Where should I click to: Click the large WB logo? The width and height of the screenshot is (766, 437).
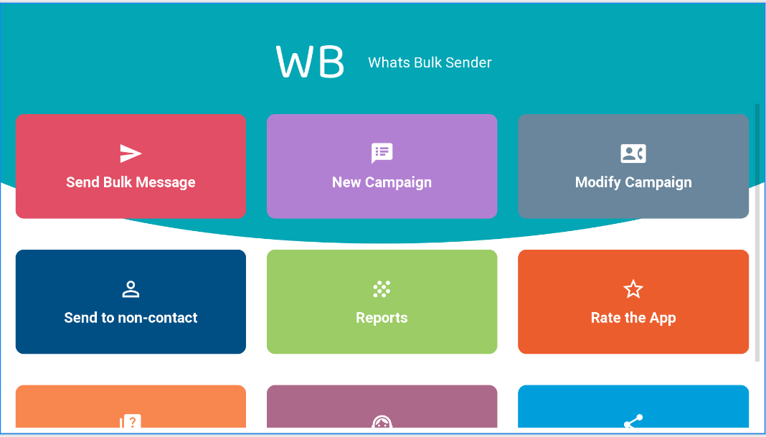tap(310, 62)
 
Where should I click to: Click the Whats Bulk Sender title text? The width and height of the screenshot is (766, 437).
tap(430, 62)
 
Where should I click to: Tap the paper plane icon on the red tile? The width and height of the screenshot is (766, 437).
tap(131, 154)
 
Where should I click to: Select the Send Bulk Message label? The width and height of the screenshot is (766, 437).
tap(131, 182)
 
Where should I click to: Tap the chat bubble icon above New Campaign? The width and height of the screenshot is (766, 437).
tap(382, 153)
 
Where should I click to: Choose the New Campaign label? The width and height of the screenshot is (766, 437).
tap(382, 182)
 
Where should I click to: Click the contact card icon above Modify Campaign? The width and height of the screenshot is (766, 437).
tap(633, 154)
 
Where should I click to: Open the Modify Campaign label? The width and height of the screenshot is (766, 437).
tap(633, 182)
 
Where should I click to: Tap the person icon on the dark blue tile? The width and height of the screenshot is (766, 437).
tap(131, 289)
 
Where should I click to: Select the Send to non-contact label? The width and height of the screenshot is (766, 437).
tap(131, 318)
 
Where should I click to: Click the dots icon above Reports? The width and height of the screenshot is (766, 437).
tap(382, 289)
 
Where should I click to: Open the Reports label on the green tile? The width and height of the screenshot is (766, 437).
tap(382, 318)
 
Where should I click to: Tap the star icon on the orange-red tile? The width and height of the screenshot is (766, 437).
tap(633, 289)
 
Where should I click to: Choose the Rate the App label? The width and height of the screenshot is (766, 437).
tap(633, 318)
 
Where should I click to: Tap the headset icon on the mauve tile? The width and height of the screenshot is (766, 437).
tap(382, 423)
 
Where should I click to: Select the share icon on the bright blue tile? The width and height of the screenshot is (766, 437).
tap(633, 421)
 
